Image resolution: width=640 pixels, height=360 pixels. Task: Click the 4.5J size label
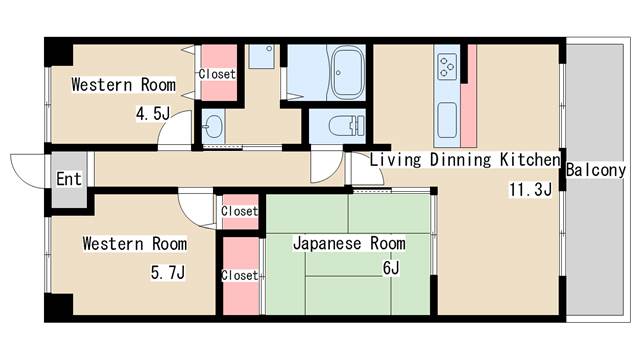(152, 113)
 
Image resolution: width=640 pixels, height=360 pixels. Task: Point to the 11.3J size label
(530, 190)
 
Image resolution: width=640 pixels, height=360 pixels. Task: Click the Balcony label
(596, 170)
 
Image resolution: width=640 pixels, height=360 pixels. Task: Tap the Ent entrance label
(68, 181)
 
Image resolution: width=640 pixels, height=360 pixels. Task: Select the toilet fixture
(336, 126)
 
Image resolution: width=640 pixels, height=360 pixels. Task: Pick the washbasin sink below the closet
(213, 126)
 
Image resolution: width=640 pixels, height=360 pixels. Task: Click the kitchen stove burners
(446, 67)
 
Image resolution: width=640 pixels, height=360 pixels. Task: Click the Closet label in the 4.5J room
(217, 74)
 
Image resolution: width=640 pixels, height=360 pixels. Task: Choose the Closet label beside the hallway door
(239, 211)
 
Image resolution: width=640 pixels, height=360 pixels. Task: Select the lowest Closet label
(239, 275)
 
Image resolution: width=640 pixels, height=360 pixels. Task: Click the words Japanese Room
(348, 243)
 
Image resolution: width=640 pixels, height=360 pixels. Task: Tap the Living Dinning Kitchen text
(464, 160)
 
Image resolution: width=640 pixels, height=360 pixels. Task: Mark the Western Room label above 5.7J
(134, 243)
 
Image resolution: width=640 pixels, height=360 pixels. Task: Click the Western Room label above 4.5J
(123, 85)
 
